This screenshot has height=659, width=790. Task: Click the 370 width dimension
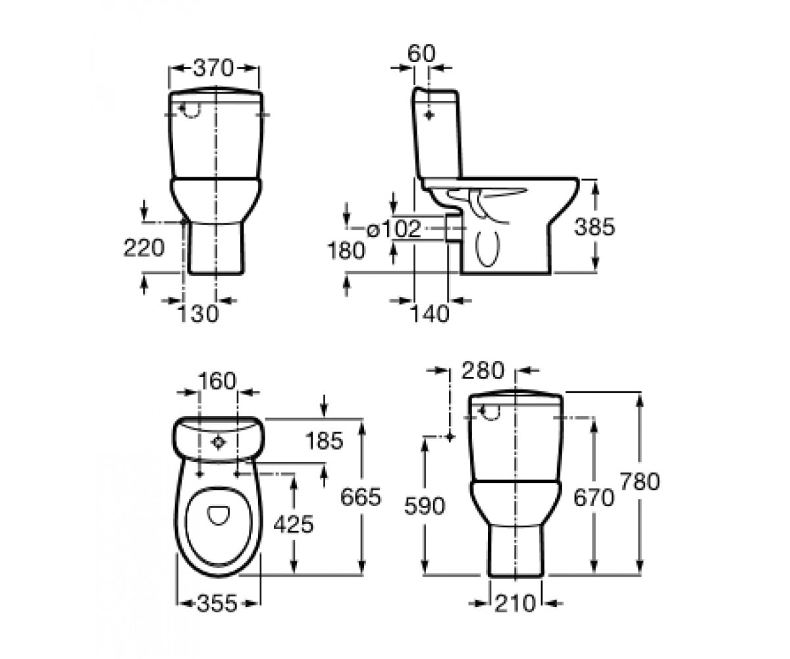[213, 69]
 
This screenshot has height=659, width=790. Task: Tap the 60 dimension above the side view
[421, 54]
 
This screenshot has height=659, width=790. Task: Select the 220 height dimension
[144, 248]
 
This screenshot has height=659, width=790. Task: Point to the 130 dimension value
[199, 314]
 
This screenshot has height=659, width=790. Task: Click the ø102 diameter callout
[394, 229]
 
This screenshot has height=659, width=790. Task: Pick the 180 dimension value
[346, 250]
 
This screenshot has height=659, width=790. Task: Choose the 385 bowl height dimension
[594, 227]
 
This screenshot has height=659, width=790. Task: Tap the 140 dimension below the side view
[430, 314]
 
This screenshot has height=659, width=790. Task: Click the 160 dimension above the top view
[217, 381]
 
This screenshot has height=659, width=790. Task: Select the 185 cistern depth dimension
[325, 440]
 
